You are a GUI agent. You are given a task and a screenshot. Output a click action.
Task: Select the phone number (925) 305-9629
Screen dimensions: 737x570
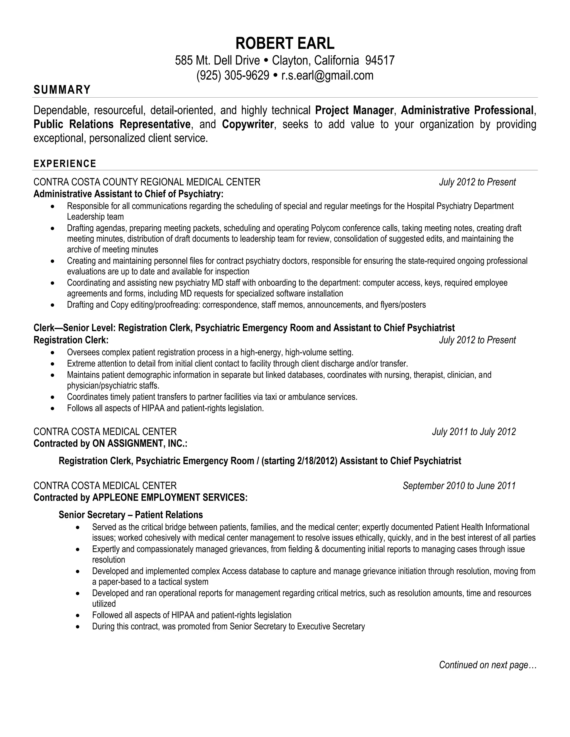point(233,75)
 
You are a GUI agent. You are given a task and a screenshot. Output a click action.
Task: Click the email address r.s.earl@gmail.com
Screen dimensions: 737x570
point(327,75)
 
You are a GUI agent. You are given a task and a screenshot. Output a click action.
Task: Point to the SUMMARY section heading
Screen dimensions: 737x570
point(62,90)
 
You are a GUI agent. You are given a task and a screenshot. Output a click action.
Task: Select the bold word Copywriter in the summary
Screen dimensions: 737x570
point(247,124)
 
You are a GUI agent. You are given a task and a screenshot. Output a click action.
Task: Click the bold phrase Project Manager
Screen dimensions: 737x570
point(354,110)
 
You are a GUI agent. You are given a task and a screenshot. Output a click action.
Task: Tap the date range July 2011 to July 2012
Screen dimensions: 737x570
point(474,432)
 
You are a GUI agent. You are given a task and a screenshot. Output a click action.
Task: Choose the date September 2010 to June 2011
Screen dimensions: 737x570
point(459,486)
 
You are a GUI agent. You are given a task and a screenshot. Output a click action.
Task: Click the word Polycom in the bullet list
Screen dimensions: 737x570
point(323,228)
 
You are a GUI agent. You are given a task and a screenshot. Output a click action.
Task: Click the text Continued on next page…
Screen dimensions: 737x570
point(488,665)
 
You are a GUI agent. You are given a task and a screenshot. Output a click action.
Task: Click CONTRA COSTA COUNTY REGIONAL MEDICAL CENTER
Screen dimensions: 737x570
point(147,182)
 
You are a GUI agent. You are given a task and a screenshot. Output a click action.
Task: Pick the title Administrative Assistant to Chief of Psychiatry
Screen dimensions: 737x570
point(128,194)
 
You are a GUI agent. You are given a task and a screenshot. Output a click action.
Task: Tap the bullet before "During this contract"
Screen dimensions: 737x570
point(78,627)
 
